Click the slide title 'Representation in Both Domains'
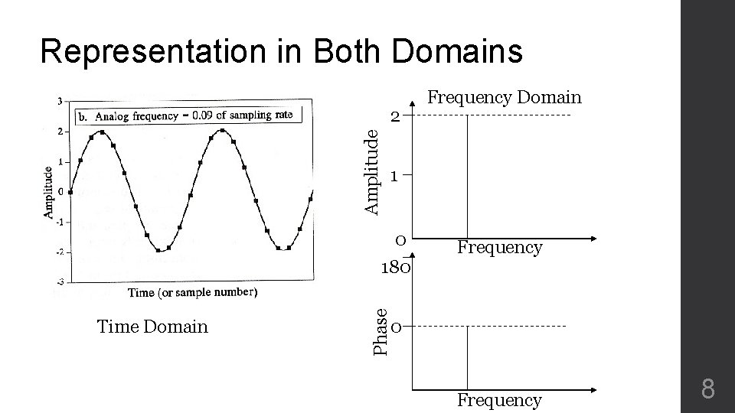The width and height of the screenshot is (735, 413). pyautogui.click(x=281, y=52)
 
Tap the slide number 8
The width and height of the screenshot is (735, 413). pyautogui.click(x=707, y=391)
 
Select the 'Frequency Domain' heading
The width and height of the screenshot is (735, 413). pyautogui.click(x=504, y=97)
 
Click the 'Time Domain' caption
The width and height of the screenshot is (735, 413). pyautogui.click(x=152, y=327)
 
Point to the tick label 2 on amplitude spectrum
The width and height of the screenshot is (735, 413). pyautogui.click(x=394, y=116)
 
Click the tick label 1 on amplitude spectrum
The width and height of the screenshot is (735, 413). pyautogui.click(x=394, y=176)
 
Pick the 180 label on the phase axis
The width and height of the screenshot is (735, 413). pyautogui.click(x=397, y=268)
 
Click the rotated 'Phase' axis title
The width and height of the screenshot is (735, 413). pyautogui.click(x=380, y=330)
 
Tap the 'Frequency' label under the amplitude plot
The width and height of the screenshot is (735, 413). pyautogui.click(x=499, y=247)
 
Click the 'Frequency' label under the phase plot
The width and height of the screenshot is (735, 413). pyautogui.click(x=499, y=399)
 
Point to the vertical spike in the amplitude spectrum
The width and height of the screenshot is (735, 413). pyautogui.click(x=467, y=176)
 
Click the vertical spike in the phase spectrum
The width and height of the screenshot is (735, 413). pyautogui.click(x=467, y=356)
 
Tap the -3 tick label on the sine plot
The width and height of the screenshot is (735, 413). pyautogui.click(x=59, y=282)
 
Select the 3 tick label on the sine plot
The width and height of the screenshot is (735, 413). pyautogui.click(x=60, y=101)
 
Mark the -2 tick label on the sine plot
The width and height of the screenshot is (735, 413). pyautogui.click(x=59, y=252)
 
